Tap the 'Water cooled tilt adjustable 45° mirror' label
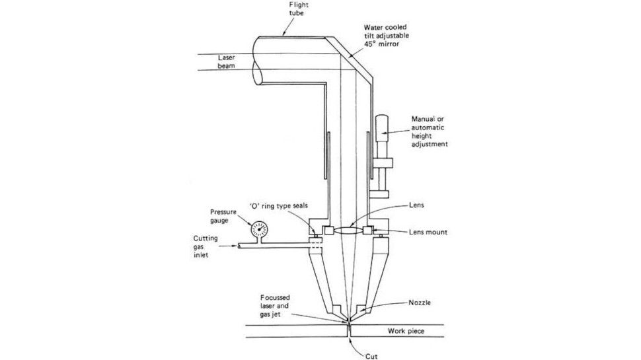click(387, 36)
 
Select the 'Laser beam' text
click(226, 61)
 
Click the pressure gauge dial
click(259, 229)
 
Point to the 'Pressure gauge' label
click(223, 216)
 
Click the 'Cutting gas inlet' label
click(206, 246)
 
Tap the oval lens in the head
click(348, 231)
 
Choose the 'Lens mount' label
click(428, 232)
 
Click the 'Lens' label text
click(416, 205)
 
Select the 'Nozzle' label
click(420, 303)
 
